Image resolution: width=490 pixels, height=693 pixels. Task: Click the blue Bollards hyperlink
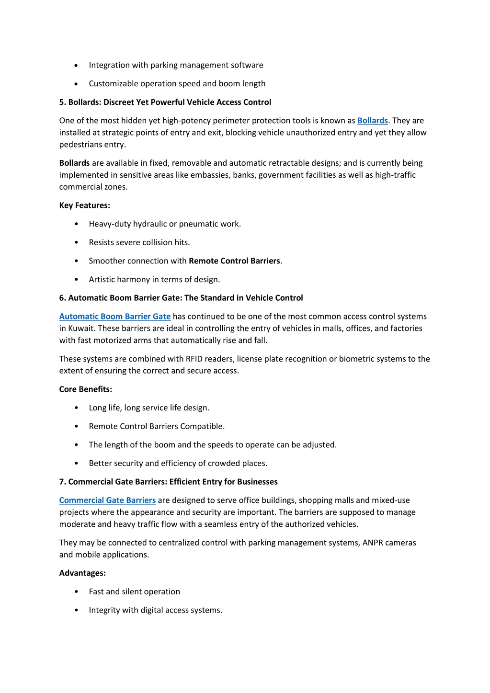372,121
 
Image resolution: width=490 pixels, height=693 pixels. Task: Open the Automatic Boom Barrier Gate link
114,317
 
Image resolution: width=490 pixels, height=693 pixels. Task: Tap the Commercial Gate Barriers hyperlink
107,500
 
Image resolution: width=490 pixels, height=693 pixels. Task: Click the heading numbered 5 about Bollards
165,102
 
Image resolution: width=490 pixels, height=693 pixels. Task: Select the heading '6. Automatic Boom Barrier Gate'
181,298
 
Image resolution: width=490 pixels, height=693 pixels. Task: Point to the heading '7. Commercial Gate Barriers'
168,482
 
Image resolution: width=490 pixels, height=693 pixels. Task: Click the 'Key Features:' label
84,205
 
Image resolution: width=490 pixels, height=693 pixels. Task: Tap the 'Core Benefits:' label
85,389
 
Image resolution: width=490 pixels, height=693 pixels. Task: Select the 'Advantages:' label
82,573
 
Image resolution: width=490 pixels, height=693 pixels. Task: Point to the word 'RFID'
194,359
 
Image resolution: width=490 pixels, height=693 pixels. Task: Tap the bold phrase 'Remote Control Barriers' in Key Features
234,261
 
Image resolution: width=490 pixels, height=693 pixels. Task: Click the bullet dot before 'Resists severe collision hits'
77,243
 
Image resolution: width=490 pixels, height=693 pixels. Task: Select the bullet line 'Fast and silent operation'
134,592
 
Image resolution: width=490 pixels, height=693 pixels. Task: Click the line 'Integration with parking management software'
176,65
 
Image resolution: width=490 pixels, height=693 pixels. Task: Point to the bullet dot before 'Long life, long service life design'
77,408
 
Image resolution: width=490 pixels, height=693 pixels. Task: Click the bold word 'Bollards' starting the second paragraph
74,163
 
